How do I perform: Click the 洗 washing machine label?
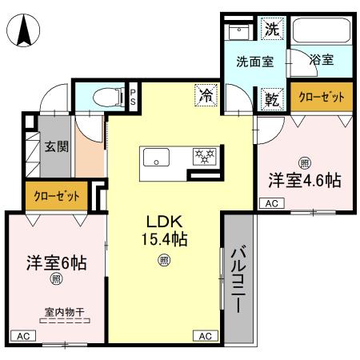(273, 31)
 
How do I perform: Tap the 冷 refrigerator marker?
(206, 97)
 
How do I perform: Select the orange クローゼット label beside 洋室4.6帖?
(321, 97)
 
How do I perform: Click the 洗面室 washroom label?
(253, 60)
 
